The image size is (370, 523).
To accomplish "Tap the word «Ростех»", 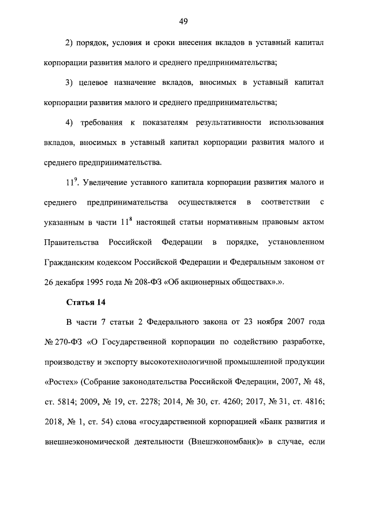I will pos(60,382).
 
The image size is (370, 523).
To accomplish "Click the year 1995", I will pos(97,281).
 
